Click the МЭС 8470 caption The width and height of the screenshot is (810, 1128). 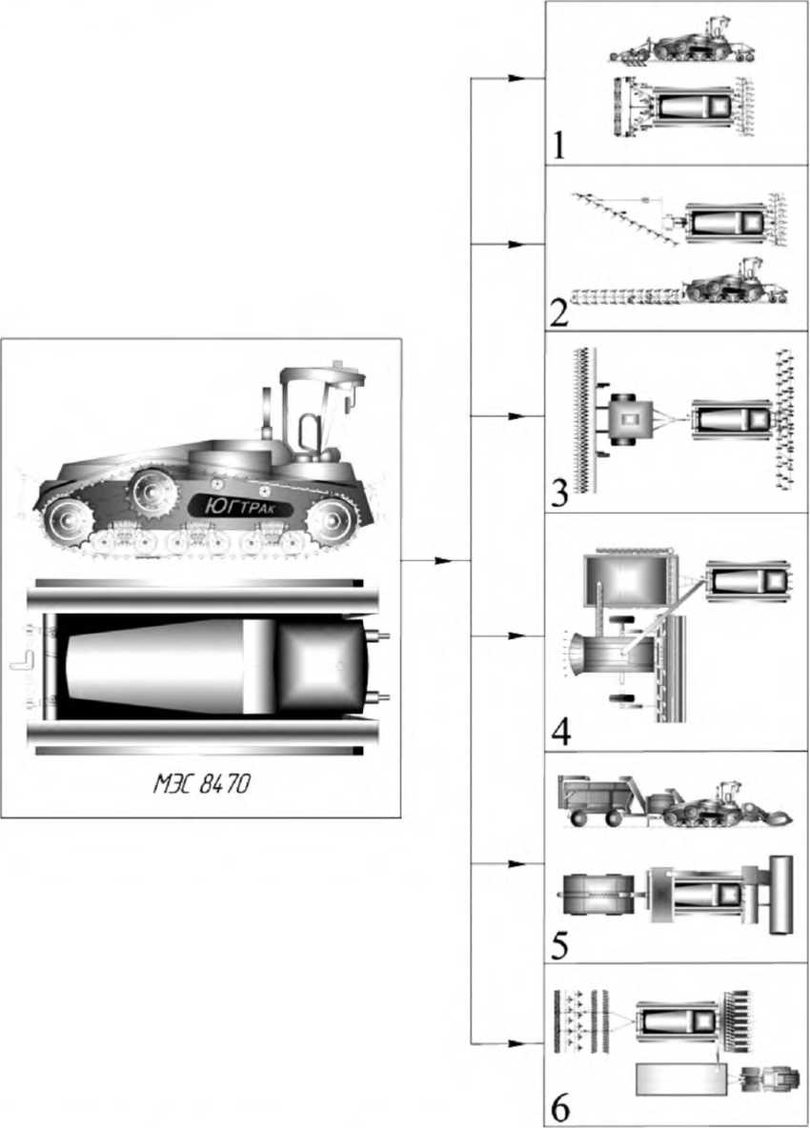pyautogui.click(x=202, y=784)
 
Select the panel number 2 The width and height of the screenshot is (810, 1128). pyautogui.click(x=558, y=312)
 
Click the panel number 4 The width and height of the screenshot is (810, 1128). pyautogui.click(x=561, y=733)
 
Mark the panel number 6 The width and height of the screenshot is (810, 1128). pyautogui.click(x=559, y=1108)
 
